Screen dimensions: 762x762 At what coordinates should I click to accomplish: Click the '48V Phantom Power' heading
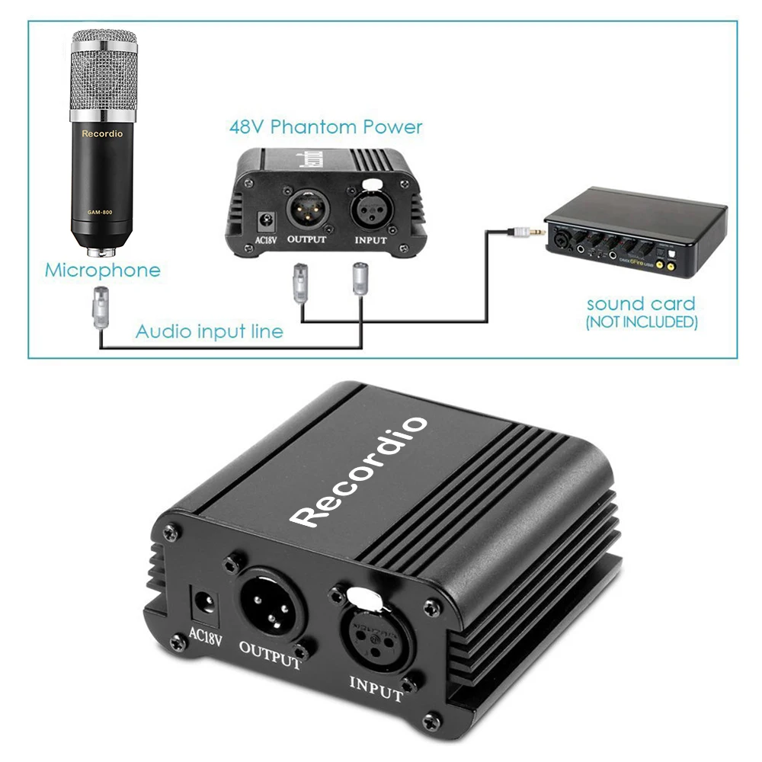[x=325, y=126]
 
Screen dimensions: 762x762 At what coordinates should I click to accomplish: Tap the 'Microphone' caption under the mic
[x=103, y=270]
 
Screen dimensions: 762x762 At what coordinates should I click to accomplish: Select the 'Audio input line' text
[x=209, y=331]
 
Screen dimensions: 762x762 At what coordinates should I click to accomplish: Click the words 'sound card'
[x=640, y=303]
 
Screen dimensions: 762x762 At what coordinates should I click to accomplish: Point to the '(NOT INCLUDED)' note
[x=641, y=322]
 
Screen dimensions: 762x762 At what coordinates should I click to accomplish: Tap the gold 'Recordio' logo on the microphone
[x=102, y=133]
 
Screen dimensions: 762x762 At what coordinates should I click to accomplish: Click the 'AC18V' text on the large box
[x=203, y=637]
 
